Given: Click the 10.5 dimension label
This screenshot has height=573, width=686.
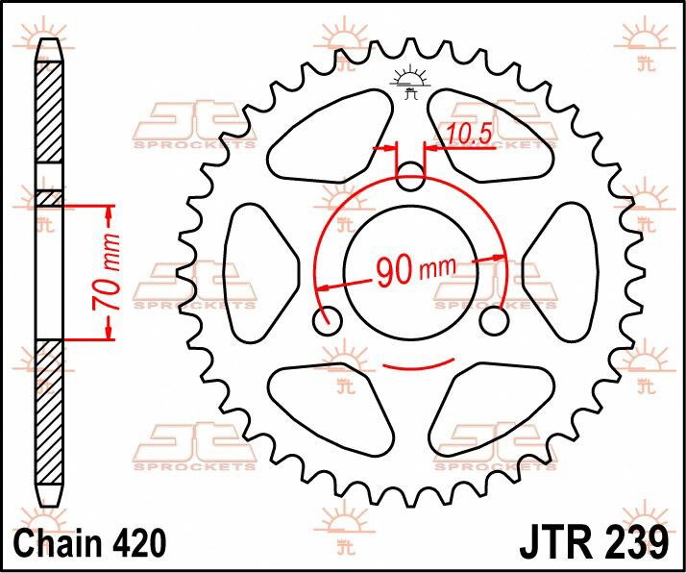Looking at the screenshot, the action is coord(470,134).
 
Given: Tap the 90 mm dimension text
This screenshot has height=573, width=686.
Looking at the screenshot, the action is coord(417,270).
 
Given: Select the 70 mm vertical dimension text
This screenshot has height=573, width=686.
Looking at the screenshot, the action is coord(106,272).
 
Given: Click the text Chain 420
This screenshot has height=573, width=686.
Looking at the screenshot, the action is coord(90,543).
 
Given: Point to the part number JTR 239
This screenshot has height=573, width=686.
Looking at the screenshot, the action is coord(594,543).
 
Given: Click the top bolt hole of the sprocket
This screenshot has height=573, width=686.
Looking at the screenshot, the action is coord(410,176).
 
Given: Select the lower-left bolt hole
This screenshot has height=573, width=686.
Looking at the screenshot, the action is coord(328,321).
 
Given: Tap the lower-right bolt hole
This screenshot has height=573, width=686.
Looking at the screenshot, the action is coord(494,321).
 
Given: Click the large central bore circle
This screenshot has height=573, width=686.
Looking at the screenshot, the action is coord(411,207).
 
